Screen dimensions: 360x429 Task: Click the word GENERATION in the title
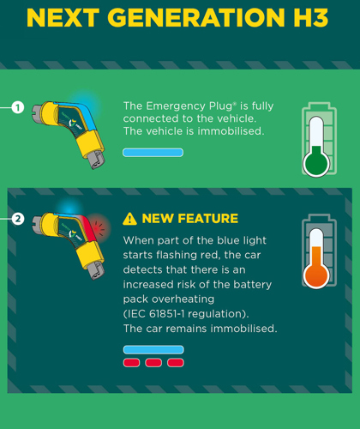(196, 18)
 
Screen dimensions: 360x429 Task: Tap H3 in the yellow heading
(311, 18)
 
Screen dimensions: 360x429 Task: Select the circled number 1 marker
(18, 107)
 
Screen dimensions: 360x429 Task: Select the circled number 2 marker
(18, 219)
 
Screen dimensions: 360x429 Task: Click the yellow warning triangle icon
(129, 219)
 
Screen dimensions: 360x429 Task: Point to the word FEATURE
(207, 219)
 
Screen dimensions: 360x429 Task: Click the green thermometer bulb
(316, 164)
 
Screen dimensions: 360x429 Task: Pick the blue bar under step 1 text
(153, 153)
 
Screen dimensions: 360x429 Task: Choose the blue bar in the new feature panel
(153, 349)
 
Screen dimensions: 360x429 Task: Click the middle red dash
(153, 363)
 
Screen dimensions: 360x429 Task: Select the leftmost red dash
(131, 363)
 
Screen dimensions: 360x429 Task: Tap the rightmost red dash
(176, 363)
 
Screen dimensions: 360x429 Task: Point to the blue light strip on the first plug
(84, 114)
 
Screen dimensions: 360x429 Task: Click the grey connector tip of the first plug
(96, 159)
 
